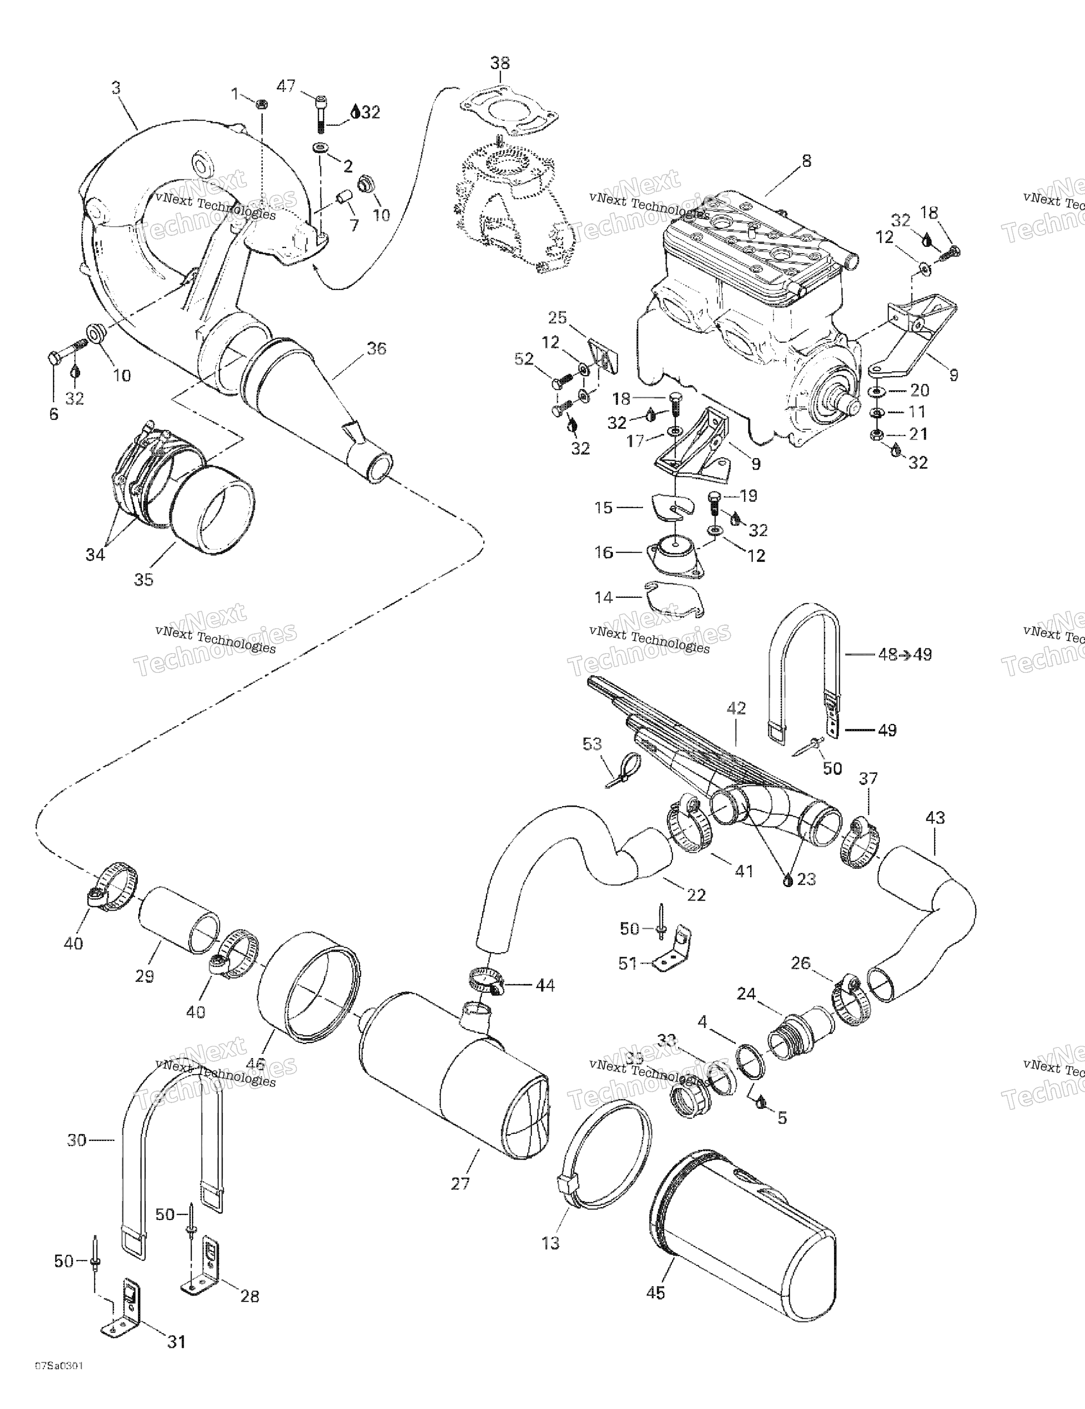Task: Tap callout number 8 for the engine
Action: (806, 161)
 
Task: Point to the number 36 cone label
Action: (376, 349)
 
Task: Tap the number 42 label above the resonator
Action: (736, 708)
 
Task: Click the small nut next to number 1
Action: (262, 104)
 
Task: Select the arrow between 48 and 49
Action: (906, 655)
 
